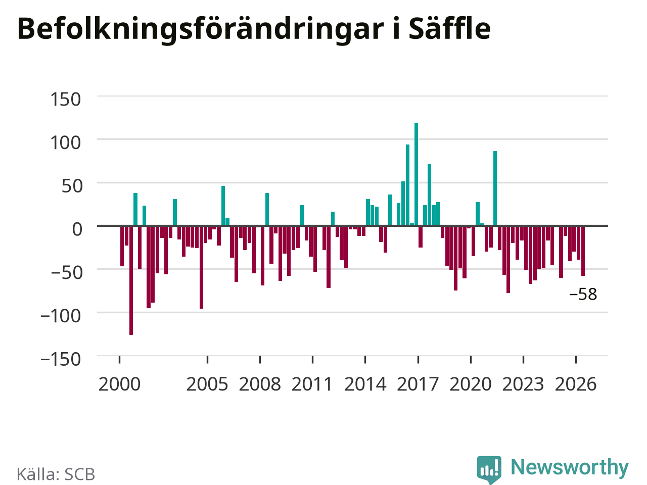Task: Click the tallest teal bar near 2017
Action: pyautogui.click(x=416, y=174)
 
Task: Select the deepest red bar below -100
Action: pyautogui.click(x=131, y=280)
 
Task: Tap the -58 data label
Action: pyautogui.click(x=583, y=294)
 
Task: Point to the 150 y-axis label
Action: pyautogui.click(x=65, y=99)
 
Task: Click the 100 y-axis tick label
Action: pyautogui.click(x=65, y=143)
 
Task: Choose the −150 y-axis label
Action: pyautogui.click(x=61, y=359)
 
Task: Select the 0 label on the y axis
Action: pyautogui.click(x=77, y=229)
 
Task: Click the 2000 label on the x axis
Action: pyautogui.click(x=119, y=384)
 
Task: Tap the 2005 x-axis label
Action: pyautogui.click(x=207, y=384)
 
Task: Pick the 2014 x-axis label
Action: pyautogui.click(x=365, y=384)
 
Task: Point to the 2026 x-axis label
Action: pyautogui.click(x=576, y=384)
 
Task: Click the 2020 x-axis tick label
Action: pyautogui.click(x=471, y=384)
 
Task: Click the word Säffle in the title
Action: pyautogui.click(x=450, y=29)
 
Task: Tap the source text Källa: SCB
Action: pyautogui.click(x=56, y=474)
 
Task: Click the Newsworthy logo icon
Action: pyautogui.click(x=489, y=469)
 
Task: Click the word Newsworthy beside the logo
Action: pyautogui.click(x=570, y=467)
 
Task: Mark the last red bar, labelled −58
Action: pyautogui.click(x=583, y=251)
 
